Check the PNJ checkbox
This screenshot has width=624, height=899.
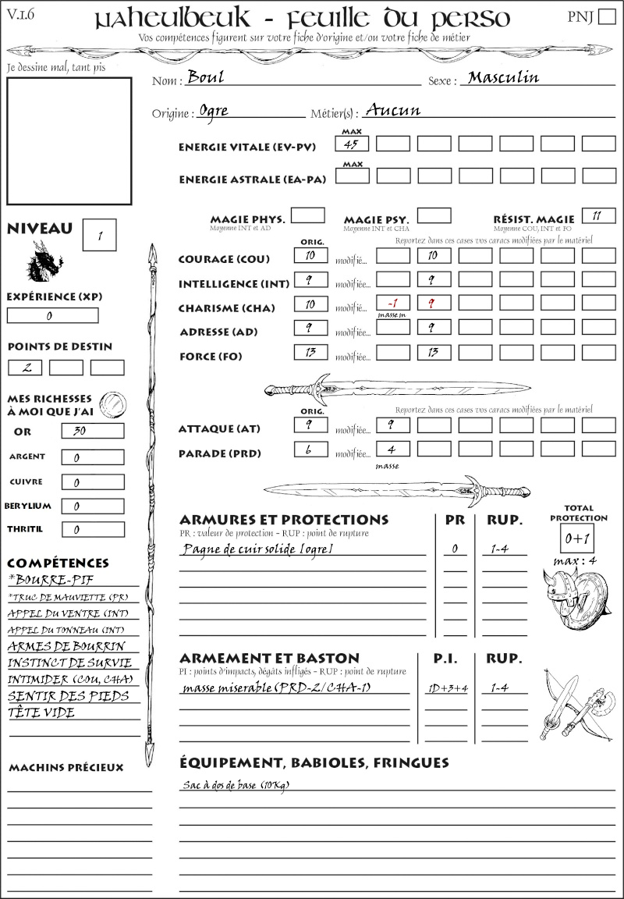tap(606, 17)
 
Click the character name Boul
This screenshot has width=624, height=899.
tap(205, 78)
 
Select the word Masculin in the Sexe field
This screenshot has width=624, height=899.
tap(503, 77)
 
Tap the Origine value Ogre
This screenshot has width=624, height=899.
tap(214, 110)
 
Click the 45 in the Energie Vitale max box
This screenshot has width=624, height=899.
tap(352, 144)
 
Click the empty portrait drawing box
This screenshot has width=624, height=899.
tap(69, 140)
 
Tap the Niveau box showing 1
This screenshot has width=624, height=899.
tap(100, 235)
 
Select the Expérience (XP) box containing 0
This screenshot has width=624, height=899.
tap(52, 315)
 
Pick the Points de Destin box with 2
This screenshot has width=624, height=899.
tap(25, 367)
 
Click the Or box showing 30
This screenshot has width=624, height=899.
tap(92, 431)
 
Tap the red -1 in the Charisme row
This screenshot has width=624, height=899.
tap(392, 303)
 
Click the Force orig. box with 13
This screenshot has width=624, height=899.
tap(310, 352)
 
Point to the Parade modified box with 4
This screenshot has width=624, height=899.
tap(392, 449)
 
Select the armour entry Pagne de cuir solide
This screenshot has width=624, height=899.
tap(258, 549)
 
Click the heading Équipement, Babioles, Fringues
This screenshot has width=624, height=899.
tap(314, 762)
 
